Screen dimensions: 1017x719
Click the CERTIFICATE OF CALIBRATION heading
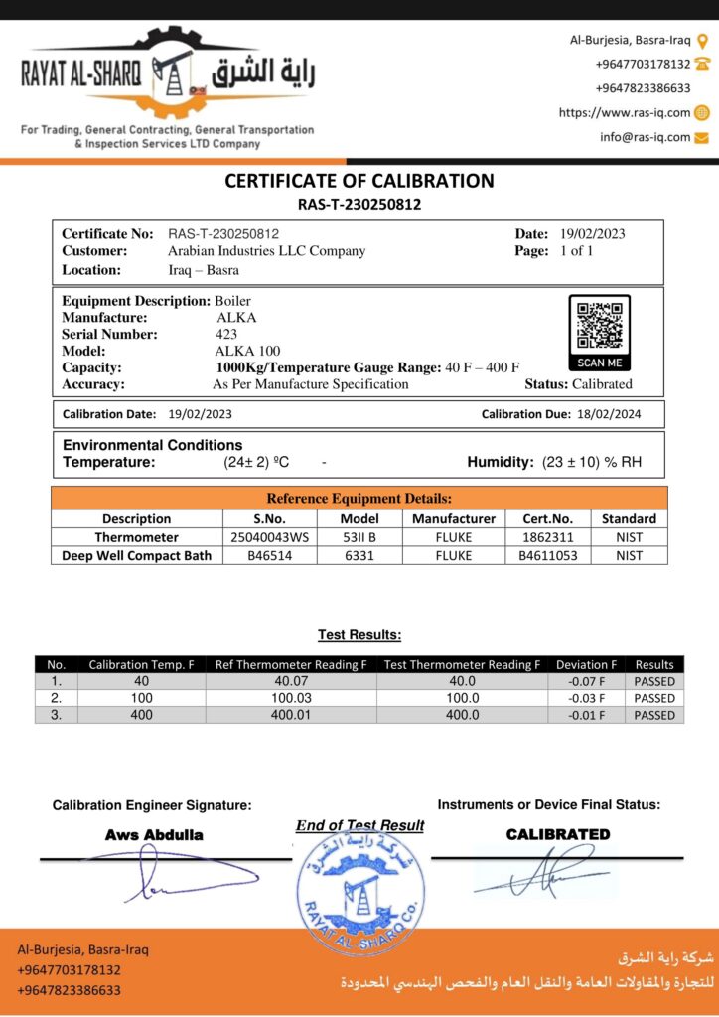[x=359, y=181]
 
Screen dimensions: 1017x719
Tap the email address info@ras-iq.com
[x=645, y=137]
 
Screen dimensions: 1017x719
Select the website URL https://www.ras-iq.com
[x=625, y=112]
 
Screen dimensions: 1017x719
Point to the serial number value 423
[x=226, y=335]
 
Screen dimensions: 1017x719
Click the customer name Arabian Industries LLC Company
[x=266, y=251]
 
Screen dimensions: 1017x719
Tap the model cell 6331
[x=359, y=556]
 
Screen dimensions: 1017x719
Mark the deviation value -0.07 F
[x=586, y=682]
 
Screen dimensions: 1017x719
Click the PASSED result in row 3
[x=654, y=715]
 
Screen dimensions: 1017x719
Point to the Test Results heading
[x=359, y=634]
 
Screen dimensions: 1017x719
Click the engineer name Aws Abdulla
[x=154, y=835]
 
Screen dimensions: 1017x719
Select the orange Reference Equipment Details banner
[x=359, y=499]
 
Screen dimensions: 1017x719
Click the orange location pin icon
[x=703, y=41]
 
